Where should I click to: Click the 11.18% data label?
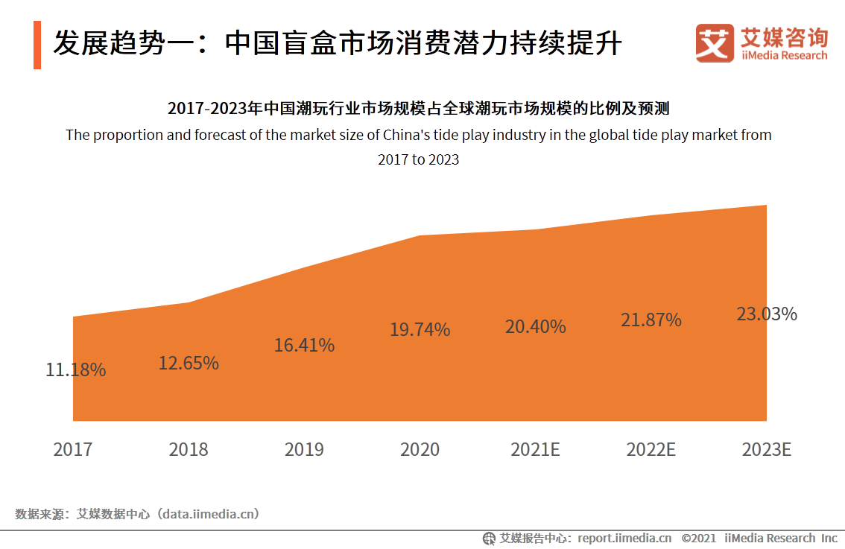click(76, 369)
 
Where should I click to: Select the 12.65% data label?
click(189, 364)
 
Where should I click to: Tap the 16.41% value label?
click(304, 346)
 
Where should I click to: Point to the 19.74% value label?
click(420, 330)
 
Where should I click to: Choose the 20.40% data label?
click(535, 327)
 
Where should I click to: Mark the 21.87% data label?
click(651, 320)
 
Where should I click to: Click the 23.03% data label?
click(767, 314)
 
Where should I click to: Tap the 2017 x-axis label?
click(73, 450)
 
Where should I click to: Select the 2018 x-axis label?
click(189, 450)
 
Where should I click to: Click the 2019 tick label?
click(304, 450)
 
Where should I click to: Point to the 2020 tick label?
click(420, 450)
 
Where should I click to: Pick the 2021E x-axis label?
click(535, 450)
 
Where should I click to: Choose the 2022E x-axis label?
click(651, 450)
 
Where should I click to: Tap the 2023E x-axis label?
click(767, 450)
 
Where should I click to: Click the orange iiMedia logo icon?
click(715, 43)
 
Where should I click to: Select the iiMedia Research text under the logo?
click(784, 56)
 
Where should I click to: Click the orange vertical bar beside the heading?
click(37, 45)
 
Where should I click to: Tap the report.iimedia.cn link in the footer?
click(624, 538)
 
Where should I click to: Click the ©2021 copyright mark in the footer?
click(698, 538)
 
